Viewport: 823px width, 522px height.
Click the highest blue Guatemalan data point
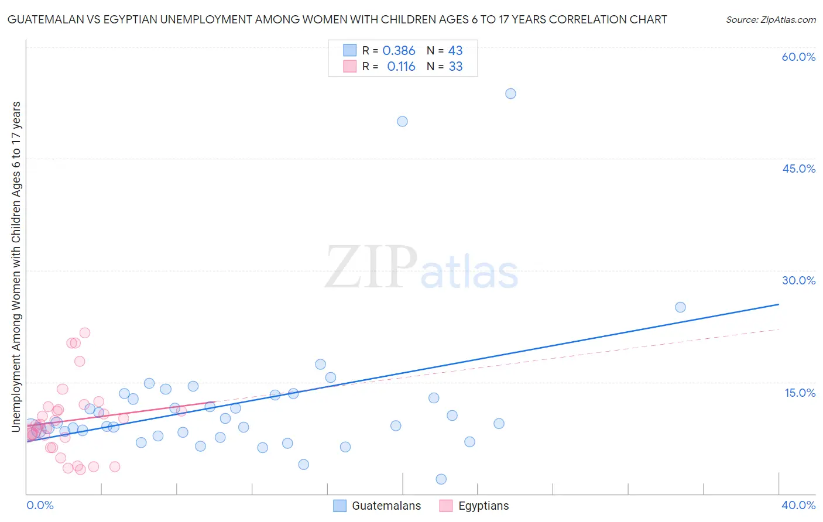[x=510, y=94]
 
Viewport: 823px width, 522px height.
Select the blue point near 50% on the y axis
[x=402, y=122]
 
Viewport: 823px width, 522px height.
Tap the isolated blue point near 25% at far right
[x=680, y=307]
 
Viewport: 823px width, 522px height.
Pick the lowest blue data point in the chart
[x=441, y=479]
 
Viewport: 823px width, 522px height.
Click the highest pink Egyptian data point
[x=85, y=333]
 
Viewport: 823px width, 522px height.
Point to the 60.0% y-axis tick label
[x=798, y=57]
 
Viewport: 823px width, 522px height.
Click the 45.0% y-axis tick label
[x=798, y=169]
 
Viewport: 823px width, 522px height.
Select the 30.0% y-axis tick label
[x=798, y=280]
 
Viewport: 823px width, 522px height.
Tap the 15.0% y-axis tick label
[x=800, y=393]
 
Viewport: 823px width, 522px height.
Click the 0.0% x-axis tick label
[x=40, y=505]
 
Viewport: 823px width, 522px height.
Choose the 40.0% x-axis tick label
[x=798, y=505]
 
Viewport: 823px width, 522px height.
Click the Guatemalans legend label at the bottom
[x=386, y=506]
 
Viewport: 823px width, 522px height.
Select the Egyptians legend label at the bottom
[x=483, y=506]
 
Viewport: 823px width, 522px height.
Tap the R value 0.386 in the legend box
[x=399, y=51]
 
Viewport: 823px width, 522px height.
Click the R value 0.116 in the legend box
[x=401, y=67]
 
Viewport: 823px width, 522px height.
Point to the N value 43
[x=455, y=51]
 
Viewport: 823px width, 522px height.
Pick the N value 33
[x=455, y=67]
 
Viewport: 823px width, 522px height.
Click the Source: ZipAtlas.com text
[x=771, y=20]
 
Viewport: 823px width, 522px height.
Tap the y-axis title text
[x=16, y=267]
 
